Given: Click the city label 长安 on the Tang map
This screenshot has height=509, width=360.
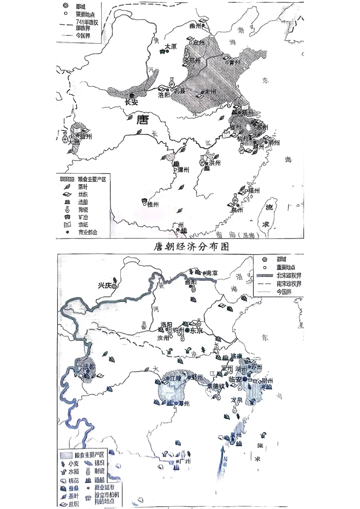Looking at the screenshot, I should (131, 102).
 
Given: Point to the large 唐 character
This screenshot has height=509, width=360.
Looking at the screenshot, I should (142, 120).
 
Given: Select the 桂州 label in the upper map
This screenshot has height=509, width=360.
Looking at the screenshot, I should (153, 204).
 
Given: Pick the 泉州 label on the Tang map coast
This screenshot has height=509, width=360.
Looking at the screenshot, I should (237, 210).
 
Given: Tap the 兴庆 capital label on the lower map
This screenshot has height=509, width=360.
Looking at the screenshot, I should (105, 285).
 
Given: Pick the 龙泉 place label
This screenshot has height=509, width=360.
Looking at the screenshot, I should (237, 399).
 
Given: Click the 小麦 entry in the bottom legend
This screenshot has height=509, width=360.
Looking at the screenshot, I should (75, 463).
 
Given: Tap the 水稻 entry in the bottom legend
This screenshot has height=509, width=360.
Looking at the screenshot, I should (75, 471).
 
